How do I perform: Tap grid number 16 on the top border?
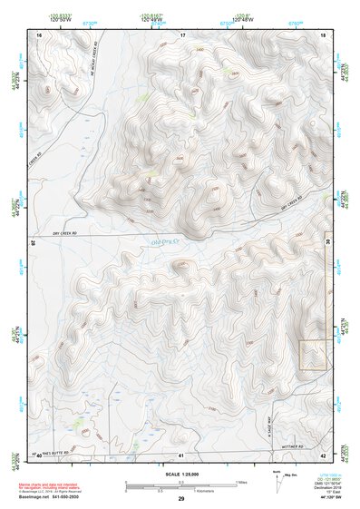pos(39,34)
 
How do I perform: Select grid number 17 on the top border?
pos(182,34)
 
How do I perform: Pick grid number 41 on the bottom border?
pos(181,455)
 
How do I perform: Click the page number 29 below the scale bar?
pos(181,499)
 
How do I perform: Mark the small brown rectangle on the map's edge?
pos(313,355)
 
